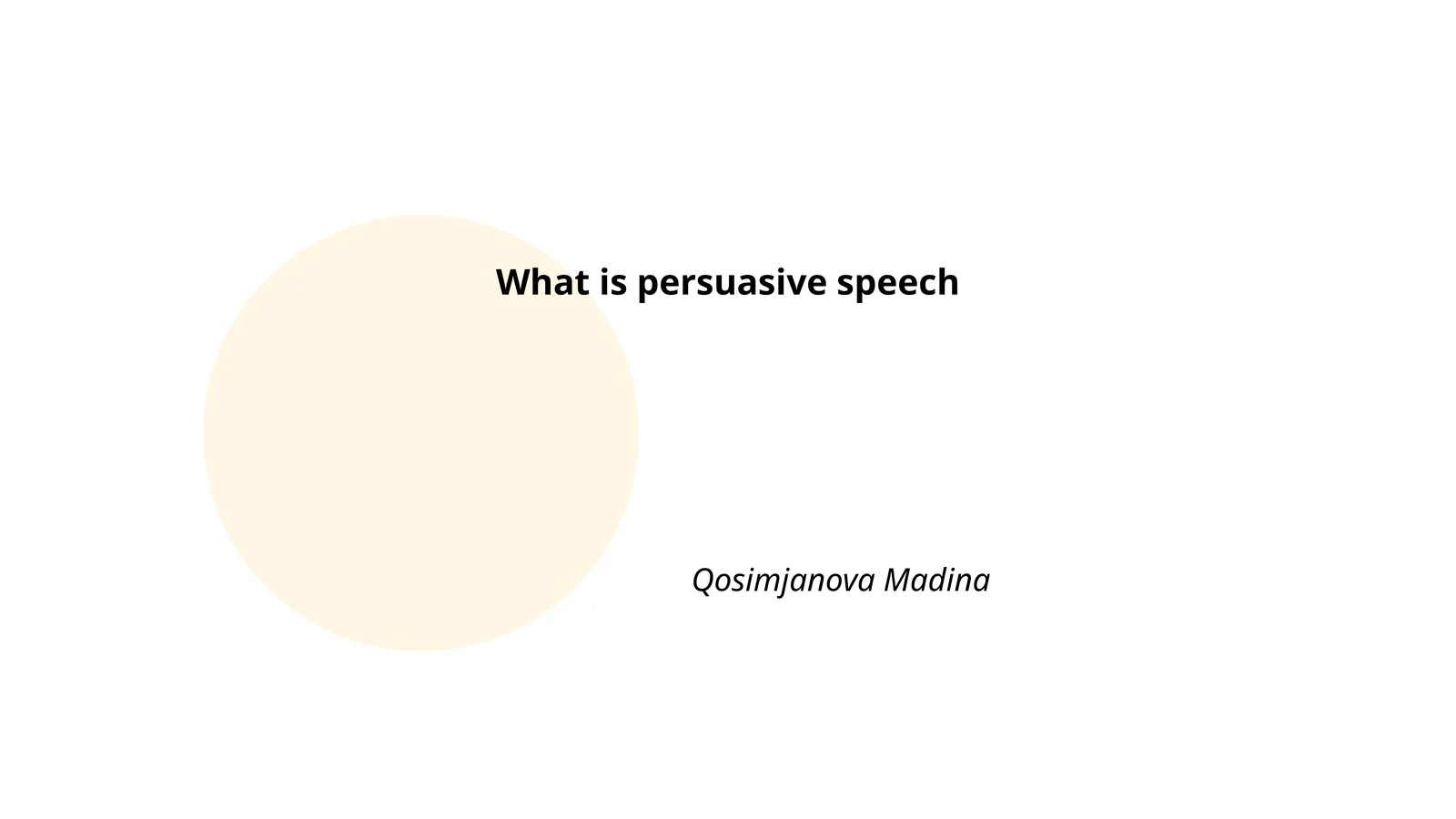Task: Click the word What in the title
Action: [542, 282]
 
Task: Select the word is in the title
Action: [613, 282]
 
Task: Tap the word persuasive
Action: [731, 284]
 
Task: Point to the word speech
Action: [897, 284]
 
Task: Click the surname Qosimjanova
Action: [784, 581]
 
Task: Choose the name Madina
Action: [936, 580]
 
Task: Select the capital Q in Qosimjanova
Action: [704, 581]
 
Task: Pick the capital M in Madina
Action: [899, 580]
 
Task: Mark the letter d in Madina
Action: [951, 580]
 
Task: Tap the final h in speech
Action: [947, 282]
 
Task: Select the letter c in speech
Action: [926, 284]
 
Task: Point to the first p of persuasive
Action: [648, 286]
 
